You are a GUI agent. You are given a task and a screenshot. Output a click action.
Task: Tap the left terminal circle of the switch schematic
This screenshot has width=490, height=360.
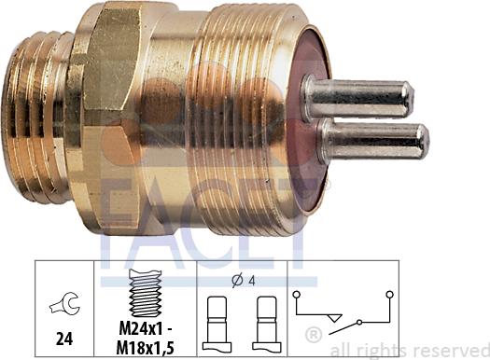point(297,295)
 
